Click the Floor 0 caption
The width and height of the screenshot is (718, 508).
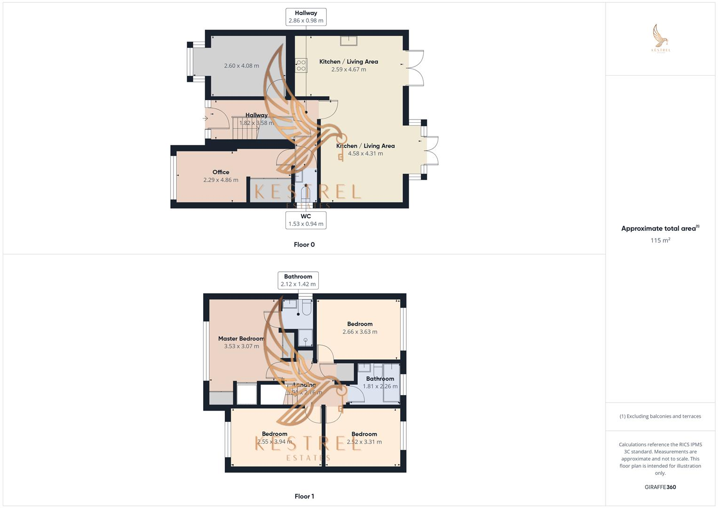pyautogui.click(x=304, y=245)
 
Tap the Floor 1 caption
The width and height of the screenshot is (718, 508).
pyautogui.click(x=304, y=496)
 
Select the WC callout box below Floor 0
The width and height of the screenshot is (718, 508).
pyautogui.click(x=306, y=220)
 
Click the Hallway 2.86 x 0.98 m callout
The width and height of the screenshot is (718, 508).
pyautogui.click(x=306, y=17)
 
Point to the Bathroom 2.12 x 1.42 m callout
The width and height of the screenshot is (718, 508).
pyautogui.click(x=298, y=280)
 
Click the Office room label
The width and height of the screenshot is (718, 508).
pyautogui.click(x=221, y=172)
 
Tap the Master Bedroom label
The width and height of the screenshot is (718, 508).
pyautogui.click(x=241, y=339)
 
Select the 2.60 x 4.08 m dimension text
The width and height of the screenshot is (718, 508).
pyautogui.click(x=241, y=66)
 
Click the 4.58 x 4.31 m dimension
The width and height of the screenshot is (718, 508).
pyautogui.click(x=365, y=153)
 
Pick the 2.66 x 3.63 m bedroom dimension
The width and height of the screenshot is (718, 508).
pyautogui.click(x=360, y=332)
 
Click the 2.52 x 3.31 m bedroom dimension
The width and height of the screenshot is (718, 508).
pyautogui.click(x=364, y=442)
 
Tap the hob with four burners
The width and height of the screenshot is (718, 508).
pyautogui.click(x=301, y=65)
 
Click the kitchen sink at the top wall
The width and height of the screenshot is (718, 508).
pyautogui.click(x=348, y=40)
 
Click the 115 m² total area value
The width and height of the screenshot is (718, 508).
pyautogui.click(x=660, y=240)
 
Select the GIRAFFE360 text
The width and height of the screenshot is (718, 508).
pyautogui.click(x=660, y=487)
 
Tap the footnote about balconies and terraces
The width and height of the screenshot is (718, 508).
pyautogui.click(x=660, y=416)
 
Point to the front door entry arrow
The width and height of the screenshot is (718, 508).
pyautogui.click(x=205, y=119)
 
